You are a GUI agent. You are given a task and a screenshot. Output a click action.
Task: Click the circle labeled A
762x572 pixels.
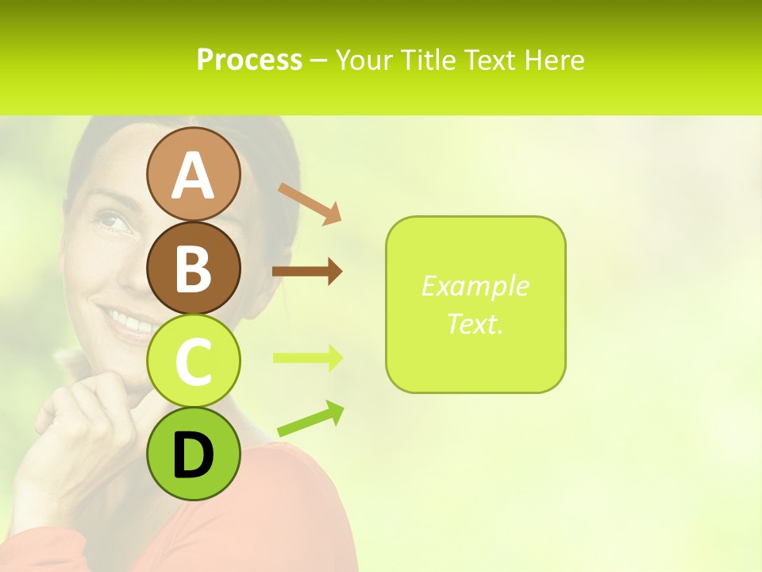click(x=193, y=174)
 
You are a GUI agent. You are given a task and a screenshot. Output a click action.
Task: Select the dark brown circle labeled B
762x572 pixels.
click(x=193, y=268)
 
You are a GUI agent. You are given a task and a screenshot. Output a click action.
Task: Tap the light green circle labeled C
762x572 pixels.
click(x=193, y=361)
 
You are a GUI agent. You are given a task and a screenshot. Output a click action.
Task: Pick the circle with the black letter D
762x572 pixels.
click(x=193, y=454)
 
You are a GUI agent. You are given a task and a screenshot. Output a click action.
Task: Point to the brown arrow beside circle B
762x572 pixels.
click(x=306, y=272)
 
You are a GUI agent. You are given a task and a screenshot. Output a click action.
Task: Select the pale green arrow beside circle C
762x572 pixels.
click(x=306, y=357)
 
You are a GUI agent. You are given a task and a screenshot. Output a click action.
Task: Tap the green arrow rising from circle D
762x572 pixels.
click(x=311, y=419)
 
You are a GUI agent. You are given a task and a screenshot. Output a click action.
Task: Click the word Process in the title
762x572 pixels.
click(x=249, y=60)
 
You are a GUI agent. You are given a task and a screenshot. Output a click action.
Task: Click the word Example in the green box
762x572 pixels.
click(x=475, y=286)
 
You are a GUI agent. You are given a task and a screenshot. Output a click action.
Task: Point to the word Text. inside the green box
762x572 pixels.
click(x=475, y=324)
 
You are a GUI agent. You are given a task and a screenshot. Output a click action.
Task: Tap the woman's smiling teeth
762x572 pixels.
click(x=132, y=322)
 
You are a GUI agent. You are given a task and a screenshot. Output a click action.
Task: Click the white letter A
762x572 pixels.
click(x=193, y=176)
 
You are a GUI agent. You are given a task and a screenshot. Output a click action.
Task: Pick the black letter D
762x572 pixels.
click(x=193, y=455)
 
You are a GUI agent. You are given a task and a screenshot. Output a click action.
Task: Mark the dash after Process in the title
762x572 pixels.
click(x=319, y=60)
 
